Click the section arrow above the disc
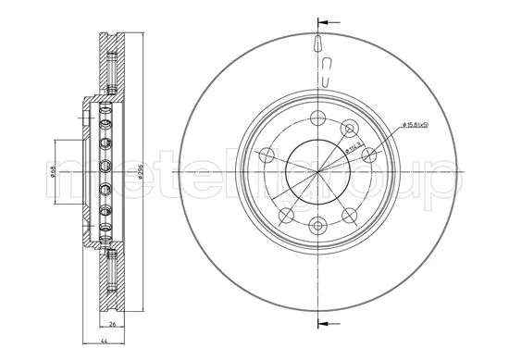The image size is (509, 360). click(x=321, y=19)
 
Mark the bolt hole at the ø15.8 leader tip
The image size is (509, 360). click(x=351, y=129)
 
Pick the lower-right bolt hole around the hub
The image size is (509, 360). click(x=350, y=214)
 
